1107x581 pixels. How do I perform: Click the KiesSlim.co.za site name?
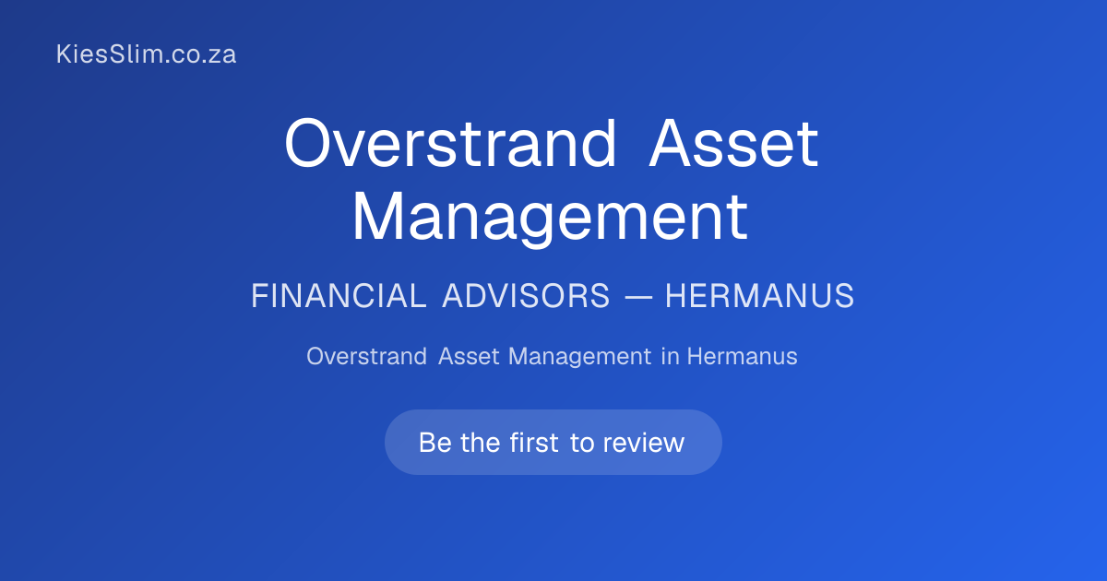(x=147, y=54)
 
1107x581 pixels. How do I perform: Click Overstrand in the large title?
(x=451, y=143)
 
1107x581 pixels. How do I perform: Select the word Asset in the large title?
(x=734, y=144)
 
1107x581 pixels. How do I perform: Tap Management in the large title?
(x=550, y=219)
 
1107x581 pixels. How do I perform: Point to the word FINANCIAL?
(x=339, y=296)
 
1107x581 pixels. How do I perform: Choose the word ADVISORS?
(x=526, y=296)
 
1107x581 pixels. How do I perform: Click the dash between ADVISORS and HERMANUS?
(x=638, y=297)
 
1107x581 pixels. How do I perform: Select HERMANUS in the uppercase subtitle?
(x=760, y=296)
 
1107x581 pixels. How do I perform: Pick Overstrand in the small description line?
(x=367, y=356)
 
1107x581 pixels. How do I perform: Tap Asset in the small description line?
(x=469, y=356)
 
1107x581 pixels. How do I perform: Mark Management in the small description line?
(x=579, y=357)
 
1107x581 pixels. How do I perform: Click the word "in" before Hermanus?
(x=670, y=356)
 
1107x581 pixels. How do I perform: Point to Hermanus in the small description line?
(x=743, y=356)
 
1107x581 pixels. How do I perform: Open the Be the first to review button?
(x=553, y=442)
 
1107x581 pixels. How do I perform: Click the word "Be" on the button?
(x=434, y=443)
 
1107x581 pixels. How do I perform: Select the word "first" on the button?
(x=534, y=442)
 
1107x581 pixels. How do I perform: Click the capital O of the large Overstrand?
(x=307, y=144)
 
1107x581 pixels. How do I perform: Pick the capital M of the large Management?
(x=377, y=217)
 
